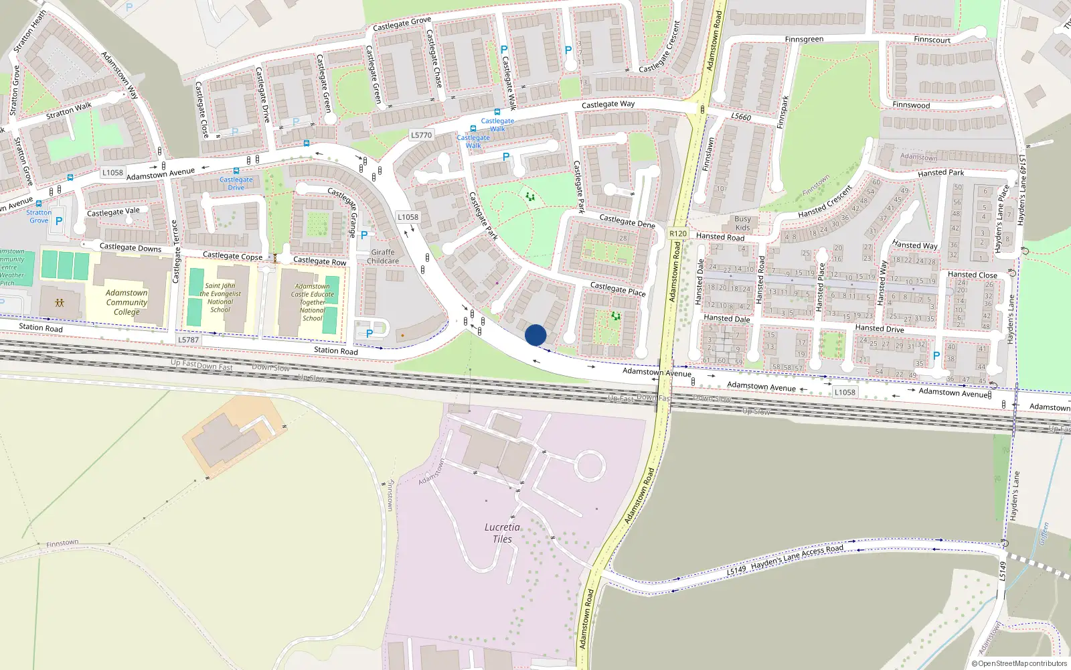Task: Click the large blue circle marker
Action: (x=535, y=335)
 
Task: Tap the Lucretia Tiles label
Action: (x=502, y=533)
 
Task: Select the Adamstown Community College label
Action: (x=127, y=302)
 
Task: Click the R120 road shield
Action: (x=678, y=234)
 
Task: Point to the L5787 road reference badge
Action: (x=189, y=340)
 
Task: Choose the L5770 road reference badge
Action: (x=421, y=135)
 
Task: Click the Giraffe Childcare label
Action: (x=383, y=257)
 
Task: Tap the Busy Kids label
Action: (x=742, y=223)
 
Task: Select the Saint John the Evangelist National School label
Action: (x=220, y=297)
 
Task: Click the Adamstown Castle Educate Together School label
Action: (x=313, y=302)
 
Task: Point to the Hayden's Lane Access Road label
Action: (x=797, y=557)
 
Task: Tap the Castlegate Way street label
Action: (x=608, y=105)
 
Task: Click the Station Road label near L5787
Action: (x=336, y=350)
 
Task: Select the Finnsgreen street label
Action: (x=804, y=40)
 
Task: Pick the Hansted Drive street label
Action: (x=880, y=329)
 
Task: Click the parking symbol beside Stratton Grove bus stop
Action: (x=59, y=220)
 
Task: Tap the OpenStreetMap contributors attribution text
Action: (x=1021, y=663)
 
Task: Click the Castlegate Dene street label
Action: (x=627, y=221)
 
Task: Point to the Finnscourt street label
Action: (x=932, y=40)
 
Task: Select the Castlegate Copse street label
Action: (x=232, y=256)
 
